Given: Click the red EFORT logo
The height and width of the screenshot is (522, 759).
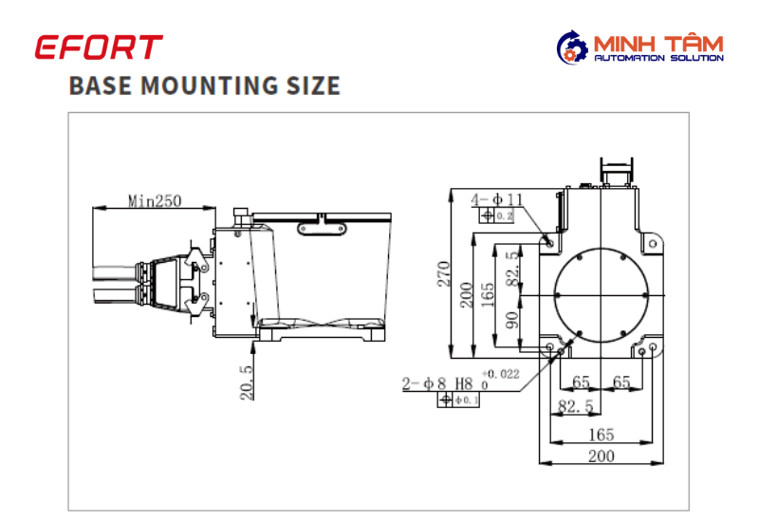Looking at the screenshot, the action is tap(99, 47).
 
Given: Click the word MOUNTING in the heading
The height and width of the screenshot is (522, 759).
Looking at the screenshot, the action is tap(209, 85).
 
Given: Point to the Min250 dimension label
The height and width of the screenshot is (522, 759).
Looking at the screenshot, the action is tap(155, 200).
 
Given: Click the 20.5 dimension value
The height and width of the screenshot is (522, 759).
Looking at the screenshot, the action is tap(247, 382).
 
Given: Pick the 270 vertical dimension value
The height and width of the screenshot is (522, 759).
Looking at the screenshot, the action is tap(443, 274).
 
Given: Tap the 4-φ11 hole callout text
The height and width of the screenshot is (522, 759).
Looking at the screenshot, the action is tap(497, 199).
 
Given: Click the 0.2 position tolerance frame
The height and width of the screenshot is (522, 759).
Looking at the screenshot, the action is tap(496, 215).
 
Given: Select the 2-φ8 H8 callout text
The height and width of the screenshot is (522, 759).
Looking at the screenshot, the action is tap(437, 383).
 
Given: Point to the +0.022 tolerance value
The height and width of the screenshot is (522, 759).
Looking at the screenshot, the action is tap(501, 374).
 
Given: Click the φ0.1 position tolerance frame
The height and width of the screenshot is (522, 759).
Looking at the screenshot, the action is tap(458, 400).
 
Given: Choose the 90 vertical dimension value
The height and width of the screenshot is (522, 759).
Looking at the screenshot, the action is tap(511, 320).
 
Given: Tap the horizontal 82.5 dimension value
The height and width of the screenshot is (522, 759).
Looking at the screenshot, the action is tap(576, 406).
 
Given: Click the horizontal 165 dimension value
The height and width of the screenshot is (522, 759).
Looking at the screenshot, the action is tap(602, 435).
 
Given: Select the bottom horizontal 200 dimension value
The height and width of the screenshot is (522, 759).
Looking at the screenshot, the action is tap(602, 456).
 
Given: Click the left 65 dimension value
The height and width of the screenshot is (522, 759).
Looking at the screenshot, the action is tap(581, 382).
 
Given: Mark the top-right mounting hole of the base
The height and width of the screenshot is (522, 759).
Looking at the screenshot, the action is tap(653, 244).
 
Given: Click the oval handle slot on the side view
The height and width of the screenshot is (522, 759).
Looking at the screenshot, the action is tap(322, 228).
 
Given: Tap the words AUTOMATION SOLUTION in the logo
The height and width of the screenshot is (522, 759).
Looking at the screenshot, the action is tap(658, 58).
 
